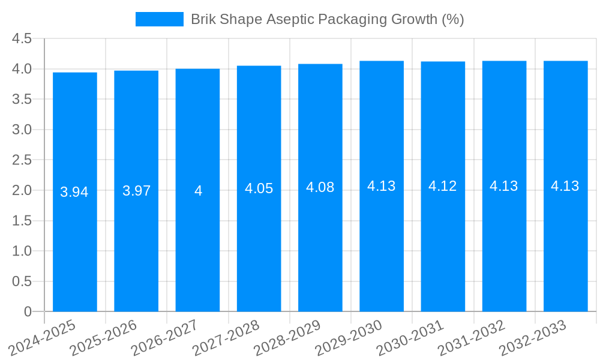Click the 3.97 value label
pyautogui.click(x=136, y=191)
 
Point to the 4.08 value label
pyautogui.click(x=320, y=187)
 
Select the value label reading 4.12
pyautogui.click(x=443, y=186)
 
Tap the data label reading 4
pyautogui.click(x=198, y=191)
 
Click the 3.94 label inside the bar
pyautogui.click(x=74, y=192)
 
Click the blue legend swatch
pyautogui.click(x=159, y=19)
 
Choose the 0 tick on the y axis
pyautogui.click(x=28, y=312)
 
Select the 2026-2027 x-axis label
pyautogui.click(x=164, y=338)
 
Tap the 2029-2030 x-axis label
pyautogui.click(x=348, y=338)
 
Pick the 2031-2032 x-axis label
pyautogui.click(x=471, y=338)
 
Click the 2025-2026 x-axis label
pyautogui.click(x=103, y=338)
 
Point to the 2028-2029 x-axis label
pyautogui.click(x=287, y=338)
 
